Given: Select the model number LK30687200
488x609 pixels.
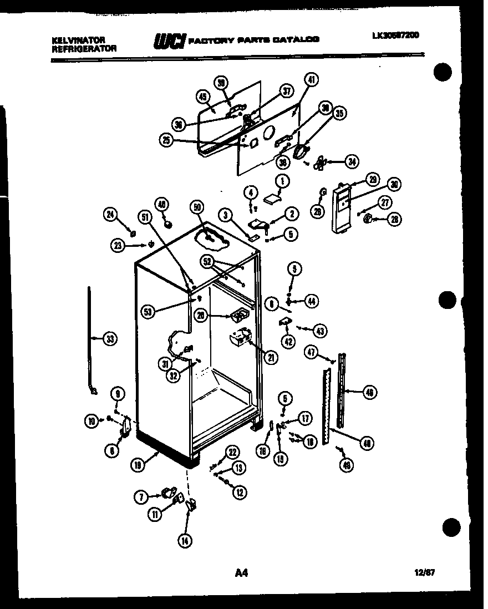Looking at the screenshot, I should (x=395, y=35).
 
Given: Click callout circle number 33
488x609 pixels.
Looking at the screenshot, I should (x=110, y=338).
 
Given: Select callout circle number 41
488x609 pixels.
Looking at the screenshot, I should (x=311, y=80).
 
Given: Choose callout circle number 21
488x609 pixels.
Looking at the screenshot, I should (x=271, y=358).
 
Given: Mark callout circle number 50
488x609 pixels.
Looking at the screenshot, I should (x=196, y=208).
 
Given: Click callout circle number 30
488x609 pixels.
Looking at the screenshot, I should (x=394, y=185).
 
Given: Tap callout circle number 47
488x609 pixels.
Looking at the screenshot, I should (x=311, y=351).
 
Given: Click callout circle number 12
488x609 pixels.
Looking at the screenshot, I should (x=240, y=491).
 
